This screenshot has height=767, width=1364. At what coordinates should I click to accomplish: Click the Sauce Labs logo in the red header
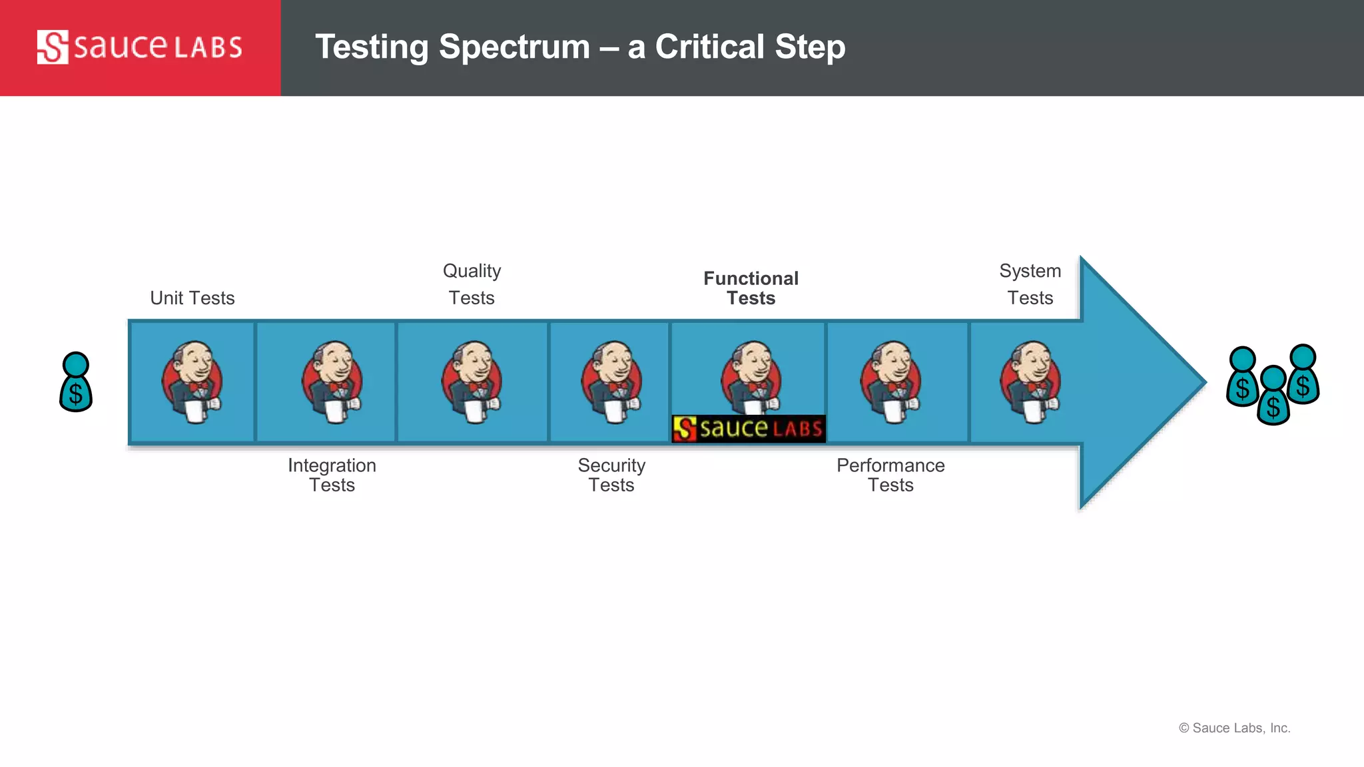pyautogui.click(x=139, y=47)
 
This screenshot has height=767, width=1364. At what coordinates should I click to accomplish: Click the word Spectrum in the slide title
pyautogui.click(x=514, y=47)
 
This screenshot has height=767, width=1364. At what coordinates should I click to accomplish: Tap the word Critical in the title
pyautogui.click(x=709, y=47)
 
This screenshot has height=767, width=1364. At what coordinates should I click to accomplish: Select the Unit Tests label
pyautogui.click(x=192, y=298)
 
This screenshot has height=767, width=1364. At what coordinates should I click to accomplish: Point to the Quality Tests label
pyautogui.click(x=472, y=284)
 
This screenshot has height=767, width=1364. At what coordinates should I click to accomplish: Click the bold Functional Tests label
pyautogui.click(x=751, y=288)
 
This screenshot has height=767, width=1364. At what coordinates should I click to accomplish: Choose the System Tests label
pyautogui.click(x=1030, y=284)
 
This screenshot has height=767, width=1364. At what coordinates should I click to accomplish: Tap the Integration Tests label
pyautogui.click(x=332, y=475)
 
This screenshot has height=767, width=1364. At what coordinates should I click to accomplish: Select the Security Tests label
pyautogui.click(x=611, y=475)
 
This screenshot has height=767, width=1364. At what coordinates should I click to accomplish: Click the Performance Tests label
pyautogui.click(x=890, y=475)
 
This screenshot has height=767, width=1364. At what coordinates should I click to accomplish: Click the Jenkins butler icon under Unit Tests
pyautogui.click(x=192, y=382)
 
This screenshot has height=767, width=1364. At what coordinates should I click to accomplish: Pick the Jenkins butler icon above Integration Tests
pyautogui.click(x=332, y=382)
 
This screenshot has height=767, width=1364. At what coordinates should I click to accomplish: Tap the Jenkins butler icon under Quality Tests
pyautogui.click(x=472, y=382)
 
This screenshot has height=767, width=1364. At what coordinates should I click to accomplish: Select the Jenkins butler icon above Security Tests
pyautogui.click(x=611, y=382)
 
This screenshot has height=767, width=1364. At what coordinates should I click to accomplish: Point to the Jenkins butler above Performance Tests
pyautogui.click(x=890, y=382)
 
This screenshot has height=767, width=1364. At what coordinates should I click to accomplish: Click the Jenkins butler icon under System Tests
pyautogui.click(x=1030, y=382)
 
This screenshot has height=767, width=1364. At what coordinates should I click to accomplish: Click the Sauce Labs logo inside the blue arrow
pyautogui.click(x=749, y=429)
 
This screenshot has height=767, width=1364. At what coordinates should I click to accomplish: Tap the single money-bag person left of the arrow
pyautogui.click(x=76, y=382)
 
